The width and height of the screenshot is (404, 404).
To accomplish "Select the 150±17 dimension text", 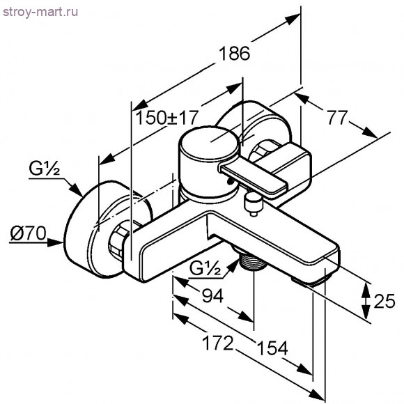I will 167,116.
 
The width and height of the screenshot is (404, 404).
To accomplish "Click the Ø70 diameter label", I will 26,235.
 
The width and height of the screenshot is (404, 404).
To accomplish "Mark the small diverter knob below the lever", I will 252,203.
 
